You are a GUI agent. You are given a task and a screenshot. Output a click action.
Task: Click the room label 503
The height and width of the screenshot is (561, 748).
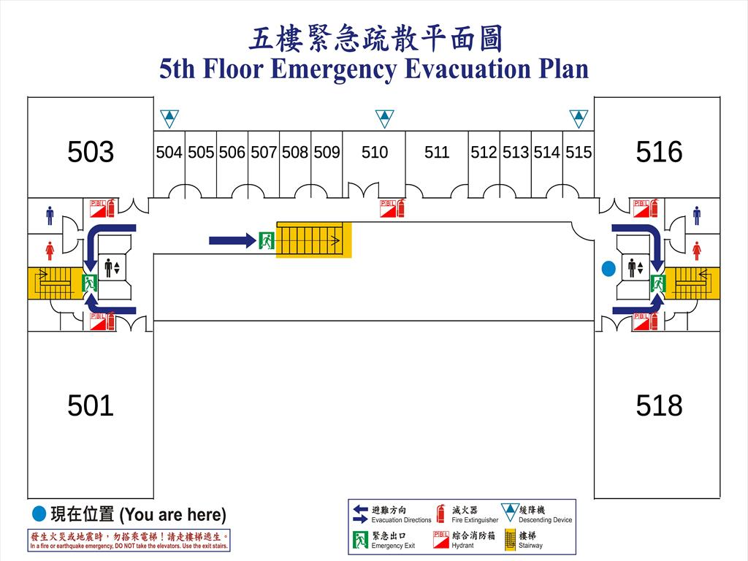coord(91,152)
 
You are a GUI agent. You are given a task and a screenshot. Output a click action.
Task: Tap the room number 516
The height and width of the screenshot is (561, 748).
coord(659,152)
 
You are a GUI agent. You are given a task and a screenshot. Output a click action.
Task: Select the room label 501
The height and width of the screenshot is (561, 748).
coord(91,405)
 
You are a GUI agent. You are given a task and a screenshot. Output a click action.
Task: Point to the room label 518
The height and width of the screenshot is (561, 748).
coord(659,405)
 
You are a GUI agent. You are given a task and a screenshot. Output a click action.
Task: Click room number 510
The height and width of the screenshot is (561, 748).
coord(375,153)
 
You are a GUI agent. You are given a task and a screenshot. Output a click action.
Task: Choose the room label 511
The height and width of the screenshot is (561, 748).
coord(437,153)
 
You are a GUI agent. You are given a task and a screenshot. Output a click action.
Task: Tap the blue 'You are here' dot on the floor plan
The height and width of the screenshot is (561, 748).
coord(608,269)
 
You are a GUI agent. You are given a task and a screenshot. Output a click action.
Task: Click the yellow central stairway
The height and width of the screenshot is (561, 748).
coord(313,240)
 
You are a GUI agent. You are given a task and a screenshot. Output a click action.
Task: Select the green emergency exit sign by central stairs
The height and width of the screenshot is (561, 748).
coord(267,240)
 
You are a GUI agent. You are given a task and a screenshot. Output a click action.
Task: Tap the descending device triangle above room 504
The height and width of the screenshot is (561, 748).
coord(169,118)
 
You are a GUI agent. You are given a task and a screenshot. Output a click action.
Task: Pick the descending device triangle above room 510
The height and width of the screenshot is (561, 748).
coord(384,118)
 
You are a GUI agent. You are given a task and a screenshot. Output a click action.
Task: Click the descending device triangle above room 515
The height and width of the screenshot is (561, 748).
coord(579,118)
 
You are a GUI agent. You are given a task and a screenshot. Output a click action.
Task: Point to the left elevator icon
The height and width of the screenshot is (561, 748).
coord(112,267)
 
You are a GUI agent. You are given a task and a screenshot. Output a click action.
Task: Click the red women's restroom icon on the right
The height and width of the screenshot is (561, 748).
coord(697,251)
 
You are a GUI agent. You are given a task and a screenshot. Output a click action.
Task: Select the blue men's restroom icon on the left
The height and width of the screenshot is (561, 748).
coord(50,215)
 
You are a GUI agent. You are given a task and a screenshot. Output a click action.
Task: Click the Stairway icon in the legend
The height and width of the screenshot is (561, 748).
coord(510,540)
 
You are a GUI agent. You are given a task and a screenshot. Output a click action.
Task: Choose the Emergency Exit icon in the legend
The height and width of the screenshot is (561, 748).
coord(360,540)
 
